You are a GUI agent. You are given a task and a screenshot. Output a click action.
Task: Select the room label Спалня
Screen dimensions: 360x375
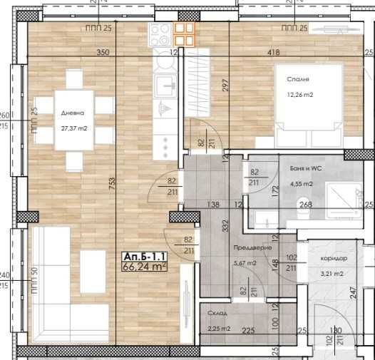tap(288, 80)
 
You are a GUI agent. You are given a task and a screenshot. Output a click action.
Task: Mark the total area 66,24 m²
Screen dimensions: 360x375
tap(145, 268)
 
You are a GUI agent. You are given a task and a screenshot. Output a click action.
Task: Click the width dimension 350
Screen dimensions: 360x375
tap(103, 53)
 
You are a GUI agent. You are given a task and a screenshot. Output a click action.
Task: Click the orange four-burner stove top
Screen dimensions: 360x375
tap(185, 34)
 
